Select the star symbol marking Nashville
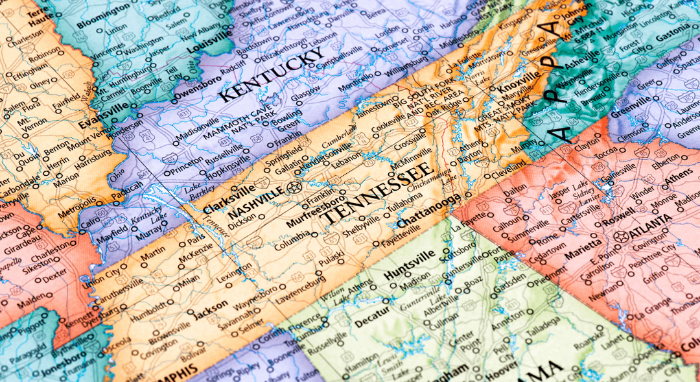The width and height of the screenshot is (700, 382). (x=294, y=188)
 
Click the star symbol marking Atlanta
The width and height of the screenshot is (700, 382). (x=622, y=235)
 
